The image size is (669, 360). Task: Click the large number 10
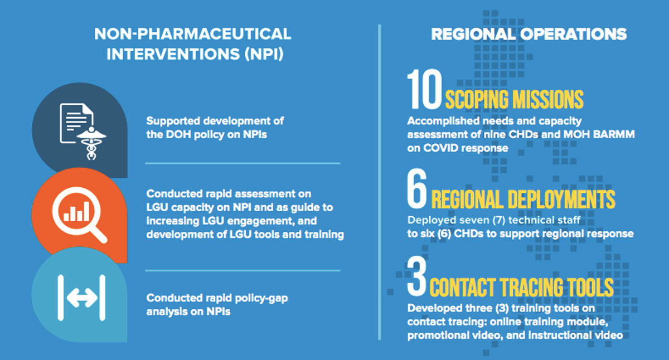(x=424, y=89)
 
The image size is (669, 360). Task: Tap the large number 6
(x=417, y=189)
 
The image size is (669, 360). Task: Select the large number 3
(x=416, y=276)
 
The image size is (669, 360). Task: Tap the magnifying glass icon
(x=79, y=215)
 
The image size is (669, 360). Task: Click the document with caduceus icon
(x=83, y=131)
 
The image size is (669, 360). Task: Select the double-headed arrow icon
(x=81, y=298)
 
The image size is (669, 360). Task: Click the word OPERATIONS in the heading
(x=574, y=34)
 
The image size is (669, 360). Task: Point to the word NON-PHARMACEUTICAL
(x=193, y=34)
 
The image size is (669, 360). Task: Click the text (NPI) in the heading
(x=264, y=54)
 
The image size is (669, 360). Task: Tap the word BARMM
(x=614, y=134)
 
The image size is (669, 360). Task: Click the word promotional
(x=438, y=335)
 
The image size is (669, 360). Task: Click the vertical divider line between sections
(x=380, y=182)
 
